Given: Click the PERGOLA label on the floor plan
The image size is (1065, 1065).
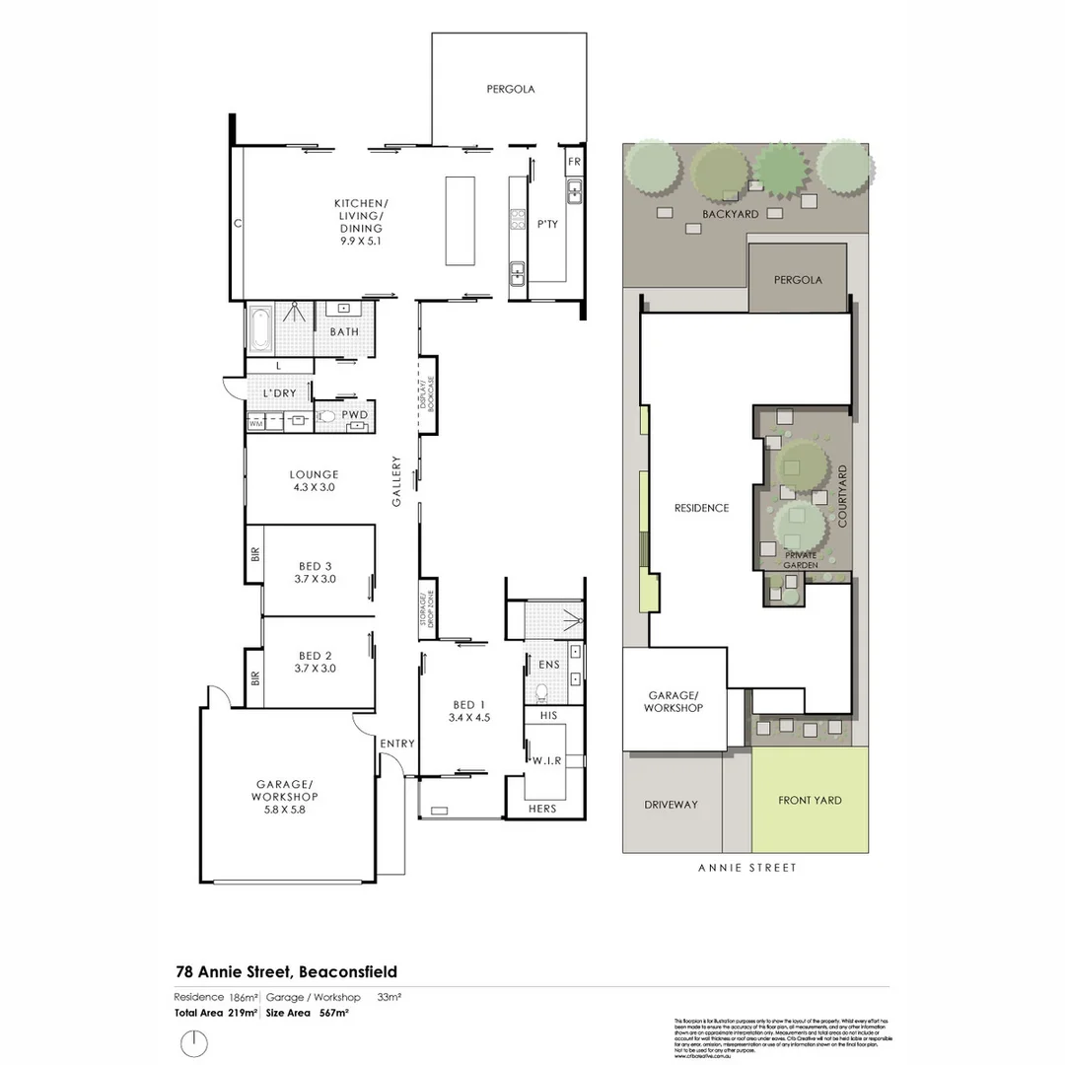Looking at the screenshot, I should tap(510, 89).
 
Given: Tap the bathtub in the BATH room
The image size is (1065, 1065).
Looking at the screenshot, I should tap(259, 330).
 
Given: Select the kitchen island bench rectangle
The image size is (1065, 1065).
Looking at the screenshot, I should tap(460, 220).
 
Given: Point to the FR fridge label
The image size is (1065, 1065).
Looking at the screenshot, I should tap(574, 161).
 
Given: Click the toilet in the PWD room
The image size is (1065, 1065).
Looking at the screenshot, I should tap(326, 417).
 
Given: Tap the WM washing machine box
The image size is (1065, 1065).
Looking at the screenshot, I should tap(256, 423).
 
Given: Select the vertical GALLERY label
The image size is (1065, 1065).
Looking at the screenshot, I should tap(396, 480).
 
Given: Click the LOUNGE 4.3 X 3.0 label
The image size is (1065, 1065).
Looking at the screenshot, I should tap(314, 480).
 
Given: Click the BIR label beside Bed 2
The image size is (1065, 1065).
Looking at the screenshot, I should tap(254, 677).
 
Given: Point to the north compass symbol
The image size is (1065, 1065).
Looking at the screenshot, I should tap(194, 1041).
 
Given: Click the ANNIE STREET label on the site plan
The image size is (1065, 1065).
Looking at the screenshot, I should tap(746, 868).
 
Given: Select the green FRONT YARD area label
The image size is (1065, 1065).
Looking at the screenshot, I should tap(810, 800).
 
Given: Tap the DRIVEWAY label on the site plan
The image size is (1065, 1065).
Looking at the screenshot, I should tap(671, 804).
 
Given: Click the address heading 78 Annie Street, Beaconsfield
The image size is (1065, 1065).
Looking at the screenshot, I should tap(286, 971).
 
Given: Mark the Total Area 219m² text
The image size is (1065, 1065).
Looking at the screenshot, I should tap(216, 1012).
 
